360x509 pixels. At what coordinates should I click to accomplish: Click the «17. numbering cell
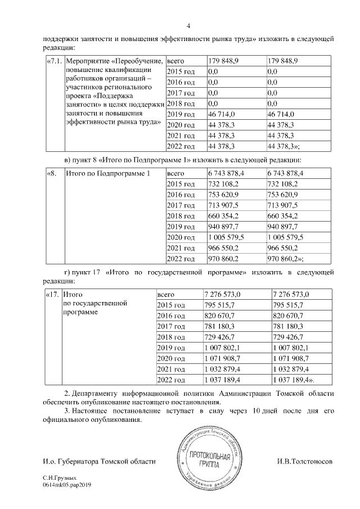52,294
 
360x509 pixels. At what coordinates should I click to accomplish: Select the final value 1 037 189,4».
295,379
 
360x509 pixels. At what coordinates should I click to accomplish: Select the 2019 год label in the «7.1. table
181,114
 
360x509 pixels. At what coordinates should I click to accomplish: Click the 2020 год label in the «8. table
181,237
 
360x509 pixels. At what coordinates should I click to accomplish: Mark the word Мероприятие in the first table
88,61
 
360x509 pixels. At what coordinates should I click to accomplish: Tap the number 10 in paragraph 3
256,411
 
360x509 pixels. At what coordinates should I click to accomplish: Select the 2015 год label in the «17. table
171,306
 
